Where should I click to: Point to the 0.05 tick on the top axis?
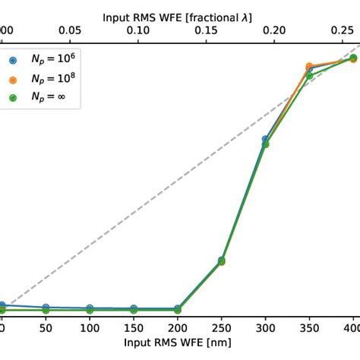[x=70, y=30]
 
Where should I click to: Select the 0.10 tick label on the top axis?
[x=137, y=30]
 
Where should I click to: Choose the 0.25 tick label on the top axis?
[x=340, y=30]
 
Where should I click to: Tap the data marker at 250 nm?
[x=222, y=261]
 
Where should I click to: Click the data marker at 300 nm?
[x=266, y=141]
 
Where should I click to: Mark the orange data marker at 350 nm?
[x=309, y=67]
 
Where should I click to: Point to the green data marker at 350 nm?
[x=309, y=75]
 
